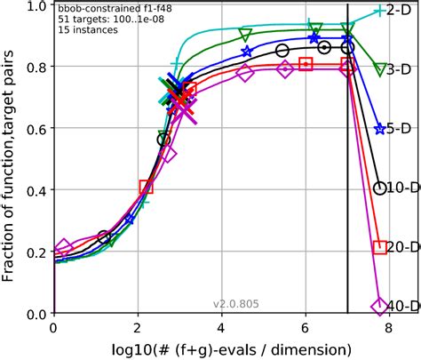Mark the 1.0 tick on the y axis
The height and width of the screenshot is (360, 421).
36,7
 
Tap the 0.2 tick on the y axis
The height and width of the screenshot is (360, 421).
36,252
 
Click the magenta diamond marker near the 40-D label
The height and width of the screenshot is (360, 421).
379,306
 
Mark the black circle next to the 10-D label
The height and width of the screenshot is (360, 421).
380,188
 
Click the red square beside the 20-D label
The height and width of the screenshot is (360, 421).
379,247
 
